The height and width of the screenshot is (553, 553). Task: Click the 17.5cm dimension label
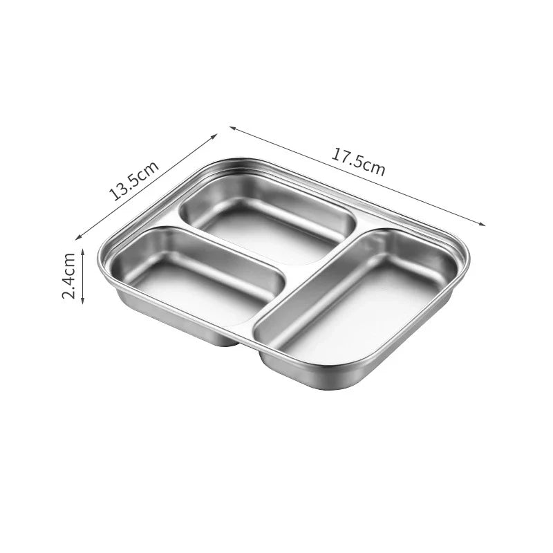[357, 163]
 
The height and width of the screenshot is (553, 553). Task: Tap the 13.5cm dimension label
[133, 180]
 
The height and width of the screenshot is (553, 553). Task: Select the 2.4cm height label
[68, 276]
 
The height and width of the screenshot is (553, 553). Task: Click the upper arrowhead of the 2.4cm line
[83, 251]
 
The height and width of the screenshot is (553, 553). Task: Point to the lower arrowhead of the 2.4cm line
[83, 301]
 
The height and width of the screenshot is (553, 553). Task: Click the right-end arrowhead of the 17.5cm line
[482, 223]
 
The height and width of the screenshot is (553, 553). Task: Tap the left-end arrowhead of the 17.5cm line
[233, 128]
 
